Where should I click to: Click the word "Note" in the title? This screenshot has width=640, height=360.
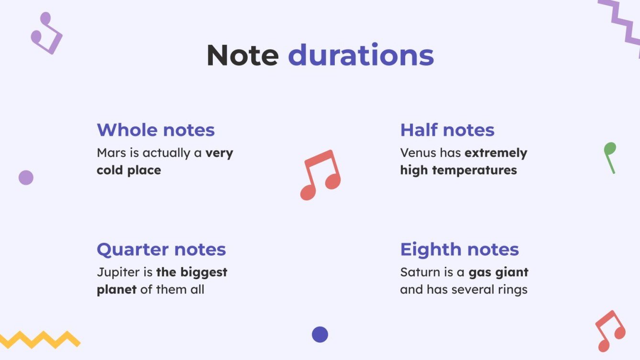pos(243,55)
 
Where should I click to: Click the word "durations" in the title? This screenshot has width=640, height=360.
pos(361,55)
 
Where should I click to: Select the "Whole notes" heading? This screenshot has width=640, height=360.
pos(155,130)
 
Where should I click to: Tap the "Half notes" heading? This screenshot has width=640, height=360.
pos(447,130)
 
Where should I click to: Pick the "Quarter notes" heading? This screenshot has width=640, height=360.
pos(161,250)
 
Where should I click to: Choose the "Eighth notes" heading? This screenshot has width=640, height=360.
pos(459,250)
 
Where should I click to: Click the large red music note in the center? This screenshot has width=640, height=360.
pos(320,175)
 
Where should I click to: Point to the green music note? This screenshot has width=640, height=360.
pos(609,156)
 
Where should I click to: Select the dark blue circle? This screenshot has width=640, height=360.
pos(320,334)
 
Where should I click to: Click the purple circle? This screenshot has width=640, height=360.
pos(26,177)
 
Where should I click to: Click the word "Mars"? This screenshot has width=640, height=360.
pos(110,153)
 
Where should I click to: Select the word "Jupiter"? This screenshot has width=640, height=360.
pos(116,273)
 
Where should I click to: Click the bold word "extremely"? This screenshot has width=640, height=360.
pos(496,153)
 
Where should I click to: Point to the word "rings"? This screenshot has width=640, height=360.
pos(513,290)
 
